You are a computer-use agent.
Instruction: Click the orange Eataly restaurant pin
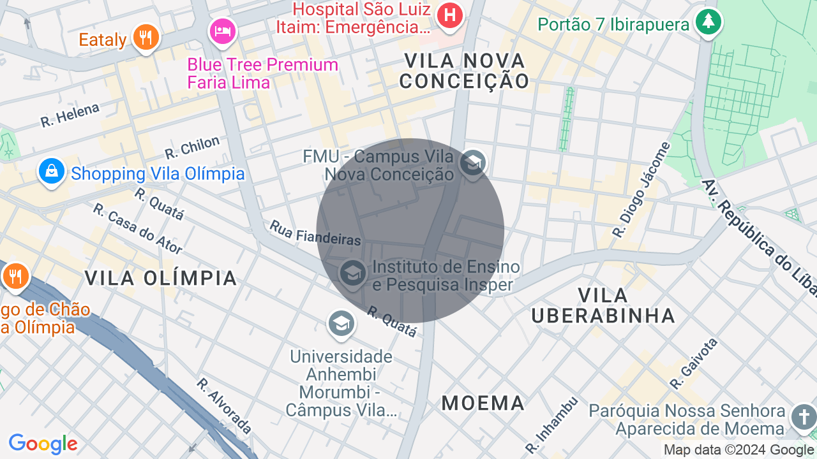146,36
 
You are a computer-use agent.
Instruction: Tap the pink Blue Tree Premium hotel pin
223,31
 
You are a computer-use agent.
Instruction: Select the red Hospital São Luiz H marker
450,14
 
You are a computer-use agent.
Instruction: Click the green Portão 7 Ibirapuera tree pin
708,22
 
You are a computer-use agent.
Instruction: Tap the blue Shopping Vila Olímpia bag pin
51,171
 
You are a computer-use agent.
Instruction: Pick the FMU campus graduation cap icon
472,163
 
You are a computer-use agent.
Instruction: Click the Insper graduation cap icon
352,273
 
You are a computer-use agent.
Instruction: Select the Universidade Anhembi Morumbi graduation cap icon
341,323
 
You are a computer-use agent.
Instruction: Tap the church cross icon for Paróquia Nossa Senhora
803,418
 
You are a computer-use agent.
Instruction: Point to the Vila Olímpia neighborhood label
161,278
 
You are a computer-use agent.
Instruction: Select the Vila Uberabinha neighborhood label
603,305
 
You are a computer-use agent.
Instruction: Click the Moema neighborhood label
483,403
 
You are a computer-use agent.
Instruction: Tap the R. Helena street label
70,115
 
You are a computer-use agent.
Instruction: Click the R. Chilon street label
192,147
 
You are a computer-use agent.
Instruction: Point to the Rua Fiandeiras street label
315,233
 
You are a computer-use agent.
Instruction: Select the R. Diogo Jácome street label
641,189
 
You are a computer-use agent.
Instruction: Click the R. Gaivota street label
694,363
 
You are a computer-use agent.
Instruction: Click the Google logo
43,444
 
